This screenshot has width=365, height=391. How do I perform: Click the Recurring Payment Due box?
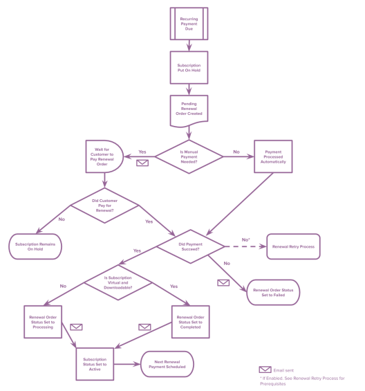(x=189, y=24)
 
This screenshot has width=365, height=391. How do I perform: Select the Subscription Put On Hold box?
(x=189, y=68)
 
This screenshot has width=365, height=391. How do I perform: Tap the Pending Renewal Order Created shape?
(x=189, y=109)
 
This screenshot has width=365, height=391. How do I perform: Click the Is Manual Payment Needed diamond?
(x=189, y=156)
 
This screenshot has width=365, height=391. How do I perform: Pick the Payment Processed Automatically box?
(x=273, y=156)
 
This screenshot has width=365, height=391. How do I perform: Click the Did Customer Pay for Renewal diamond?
(x=104, y=205)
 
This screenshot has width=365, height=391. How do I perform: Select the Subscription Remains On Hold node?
(x=35, y=246)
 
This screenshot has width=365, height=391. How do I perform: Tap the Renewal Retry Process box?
(x=294, y=246)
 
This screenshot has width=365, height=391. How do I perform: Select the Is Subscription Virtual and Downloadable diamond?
(x=118, y=282)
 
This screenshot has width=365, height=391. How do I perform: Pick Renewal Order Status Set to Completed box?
(x=190, y=322)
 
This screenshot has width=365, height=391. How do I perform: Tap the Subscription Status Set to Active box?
(x=95, y=363)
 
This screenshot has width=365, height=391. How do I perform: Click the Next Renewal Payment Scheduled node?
(x=167, y=363)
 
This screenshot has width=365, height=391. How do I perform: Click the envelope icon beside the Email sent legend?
(x=265, y=370)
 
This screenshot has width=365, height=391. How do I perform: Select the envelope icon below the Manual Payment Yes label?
(x=142, y=163)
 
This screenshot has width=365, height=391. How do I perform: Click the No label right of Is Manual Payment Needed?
(x=236, y=152)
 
